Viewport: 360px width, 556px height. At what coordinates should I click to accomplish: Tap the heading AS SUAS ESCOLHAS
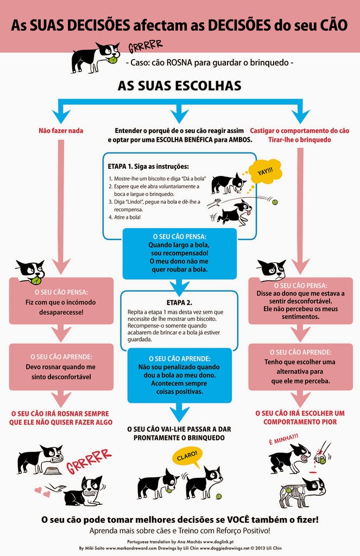pos(180,86)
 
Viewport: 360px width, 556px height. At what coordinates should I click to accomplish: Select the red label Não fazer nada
pos(60,131)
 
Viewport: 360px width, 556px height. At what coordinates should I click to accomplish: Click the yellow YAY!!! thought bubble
pos(264,172)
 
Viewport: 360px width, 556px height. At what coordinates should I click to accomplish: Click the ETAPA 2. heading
pos(180,302)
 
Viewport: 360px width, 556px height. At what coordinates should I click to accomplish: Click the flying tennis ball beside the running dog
pos(275,202)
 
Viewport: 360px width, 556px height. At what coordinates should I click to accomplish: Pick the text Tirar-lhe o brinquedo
pos(299,140)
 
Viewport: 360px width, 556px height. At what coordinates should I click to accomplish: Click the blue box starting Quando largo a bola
pos(179,252)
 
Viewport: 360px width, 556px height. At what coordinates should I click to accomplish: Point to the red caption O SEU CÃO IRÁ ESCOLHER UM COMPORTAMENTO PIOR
pos(300,417)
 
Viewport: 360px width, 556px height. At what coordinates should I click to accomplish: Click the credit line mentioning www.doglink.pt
pos(180,542)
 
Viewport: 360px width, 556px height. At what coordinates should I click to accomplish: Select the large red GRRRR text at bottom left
pos(89,461)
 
